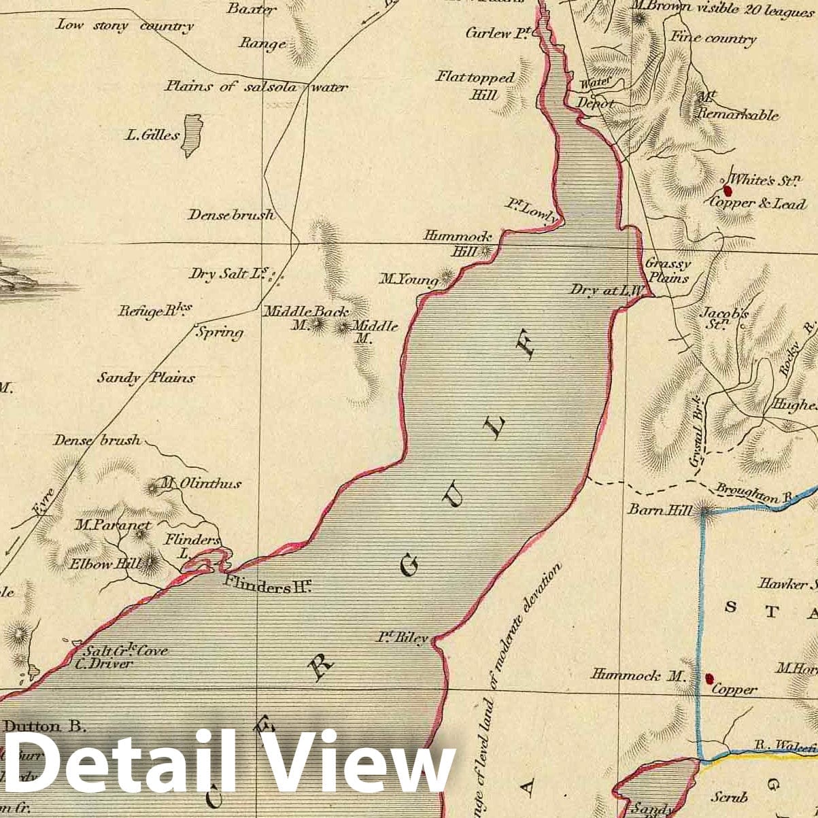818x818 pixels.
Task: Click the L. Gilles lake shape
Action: click(194, 135)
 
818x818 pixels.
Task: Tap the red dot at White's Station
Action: click(728, 191)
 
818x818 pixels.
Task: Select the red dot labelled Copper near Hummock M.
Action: click(709, 678)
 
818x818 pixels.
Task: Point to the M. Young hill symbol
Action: click(447, 277)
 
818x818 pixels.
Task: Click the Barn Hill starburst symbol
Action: click(704, 511)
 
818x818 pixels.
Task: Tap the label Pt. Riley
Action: click(403, 638)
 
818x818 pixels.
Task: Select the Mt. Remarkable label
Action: click(738, 107)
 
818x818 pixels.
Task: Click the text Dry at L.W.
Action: click(607, 290)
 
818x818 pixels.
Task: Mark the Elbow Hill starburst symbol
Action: click(150, 562)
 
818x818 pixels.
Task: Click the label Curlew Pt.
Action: click(498, 33)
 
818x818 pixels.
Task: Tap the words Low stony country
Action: click(124, 26)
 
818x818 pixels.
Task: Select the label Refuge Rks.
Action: click(155, 311)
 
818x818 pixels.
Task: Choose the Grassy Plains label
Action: click(668, 270)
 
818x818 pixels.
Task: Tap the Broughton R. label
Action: click(755, 494)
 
